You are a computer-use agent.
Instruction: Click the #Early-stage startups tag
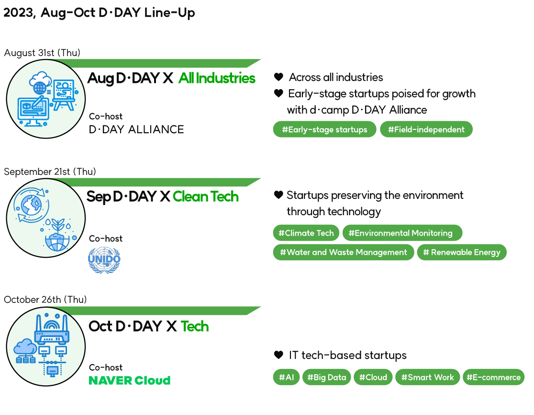324,129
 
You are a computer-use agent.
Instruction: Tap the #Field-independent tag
426,129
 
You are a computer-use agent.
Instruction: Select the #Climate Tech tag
306,233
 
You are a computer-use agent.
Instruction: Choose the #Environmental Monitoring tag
402,233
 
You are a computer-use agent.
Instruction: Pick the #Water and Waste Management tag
343,252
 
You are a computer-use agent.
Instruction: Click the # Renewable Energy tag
461,252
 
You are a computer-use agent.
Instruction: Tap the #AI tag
286,377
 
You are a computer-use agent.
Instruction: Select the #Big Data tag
326,377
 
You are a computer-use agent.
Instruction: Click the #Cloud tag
373,377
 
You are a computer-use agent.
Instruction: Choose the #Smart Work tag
427,377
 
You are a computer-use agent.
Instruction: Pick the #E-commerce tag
493,377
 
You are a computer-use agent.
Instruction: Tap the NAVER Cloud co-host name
129,380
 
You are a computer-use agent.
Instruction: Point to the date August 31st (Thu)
42,53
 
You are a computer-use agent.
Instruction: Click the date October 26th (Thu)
45,300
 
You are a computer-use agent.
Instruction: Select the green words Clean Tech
205,197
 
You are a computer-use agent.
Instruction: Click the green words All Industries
217,78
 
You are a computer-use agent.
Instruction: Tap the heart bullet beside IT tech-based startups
278,355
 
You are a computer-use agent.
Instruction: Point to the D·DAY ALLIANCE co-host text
136,129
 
